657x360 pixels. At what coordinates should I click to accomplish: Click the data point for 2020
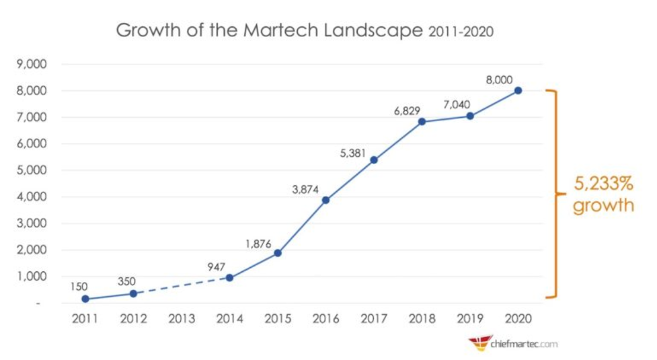(x=518, y=90)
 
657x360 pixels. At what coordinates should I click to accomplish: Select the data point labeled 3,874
(x=325, y=200)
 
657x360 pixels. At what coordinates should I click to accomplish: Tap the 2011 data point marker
(x=85, y=299)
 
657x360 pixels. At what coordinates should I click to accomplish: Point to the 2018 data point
(x=422, y=122)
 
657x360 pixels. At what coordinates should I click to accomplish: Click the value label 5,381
(x=353, y=153)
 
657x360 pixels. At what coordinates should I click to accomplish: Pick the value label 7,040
(x=456, y=105)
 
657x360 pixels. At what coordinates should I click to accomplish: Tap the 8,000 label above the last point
(x=498, y=79)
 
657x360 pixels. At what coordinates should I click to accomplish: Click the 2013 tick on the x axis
(x=181, y=319)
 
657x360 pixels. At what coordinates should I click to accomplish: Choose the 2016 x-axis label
(x=325, y=319)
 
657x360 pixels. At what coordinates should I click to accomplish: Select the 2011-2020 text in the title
(x=461, y=32)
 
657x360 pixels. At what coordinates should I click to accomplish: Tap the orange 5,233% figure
(x=603, y=184)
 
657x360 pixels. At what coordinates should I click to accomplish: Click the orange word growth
(x=603, y=205)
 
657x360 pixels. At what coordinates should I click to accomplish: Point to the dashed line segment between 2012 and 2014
(x=181, y=286)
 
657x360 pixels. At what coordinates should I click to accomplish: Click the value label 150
(x=79, y=286)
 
